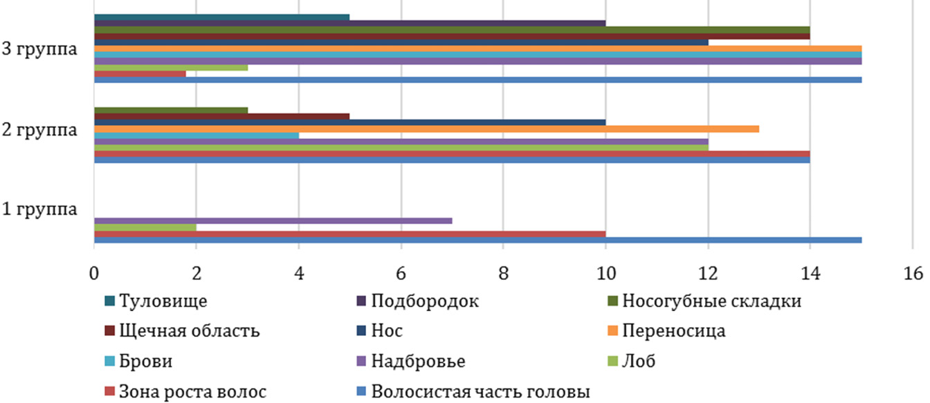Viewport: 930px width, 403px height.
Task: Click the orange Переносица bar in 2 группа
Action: (426, 129)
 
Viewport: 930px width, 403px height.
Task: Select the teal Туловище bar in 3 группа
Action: (221, 17)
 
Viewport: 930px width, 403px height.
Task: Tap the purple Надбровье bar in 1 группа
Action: (273, 221)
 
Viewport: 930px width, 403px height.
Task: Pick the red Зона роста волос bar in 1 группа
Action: (349, 234)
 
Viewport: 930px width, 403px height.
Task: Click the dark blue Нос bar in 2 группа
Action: (349, 122)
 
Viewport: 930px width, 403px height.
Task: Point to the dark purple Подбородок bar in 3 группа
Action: (349, 24)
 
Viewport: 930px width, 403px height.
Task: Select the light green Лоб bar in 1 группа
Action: (145, 227)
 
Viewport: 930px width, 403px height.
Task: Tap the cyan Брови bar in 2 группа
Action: (196, 135)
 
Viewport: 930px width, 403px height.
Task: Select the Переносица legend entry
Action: (674, 331)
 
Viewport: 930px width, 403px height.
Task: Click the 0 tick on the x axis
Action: (93, 274)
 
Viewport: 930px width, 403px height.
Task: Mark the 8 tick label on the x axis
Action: (503, 274)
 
